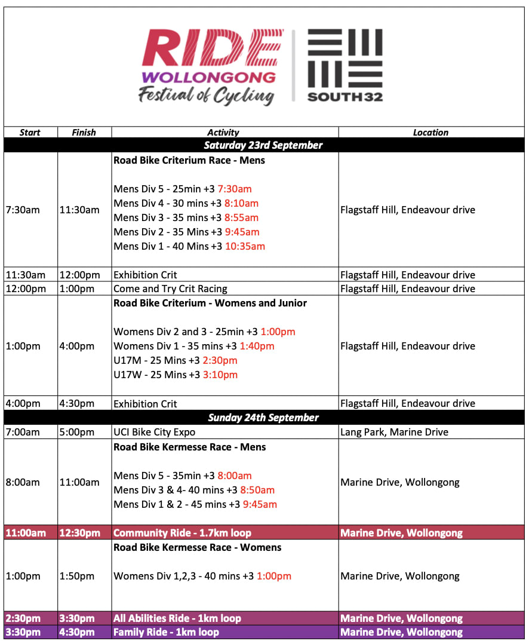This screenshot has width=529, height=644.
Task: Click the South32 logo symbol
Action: (x=345, y=58)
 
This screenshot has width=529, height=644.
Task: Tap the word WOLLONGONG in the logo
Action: (x=208, y=78)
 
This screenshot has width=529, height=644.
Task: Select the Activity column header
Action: (x=223, y=133)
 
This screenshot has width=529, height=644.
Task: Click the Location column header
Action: (x=430, y=133)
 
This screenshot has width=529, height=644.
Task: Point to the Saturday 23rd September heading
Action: (x=263, y=145)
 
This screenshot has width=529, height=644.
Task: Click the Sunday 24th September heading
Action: (x=263, y=418)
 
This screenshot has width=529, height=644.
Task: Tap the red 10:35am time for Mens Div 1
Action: (x=245, y=246)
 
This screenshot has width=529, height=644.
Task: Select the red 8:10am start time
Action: (x=241, y=203)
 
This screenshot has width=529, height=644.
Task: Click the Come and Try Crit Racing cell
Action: (x=170, y=289)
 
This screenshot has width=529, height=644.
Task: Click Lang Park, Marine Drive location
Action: (x=394, y=432)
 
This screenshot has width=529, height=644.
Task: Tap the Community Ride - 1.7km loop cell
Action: (x=182, y=533)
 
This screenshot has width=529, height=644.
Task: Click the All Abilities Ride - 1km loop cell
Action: (x=177, y=618)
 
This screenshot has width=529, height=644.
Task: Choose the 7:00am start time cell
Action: (x=23, y=432)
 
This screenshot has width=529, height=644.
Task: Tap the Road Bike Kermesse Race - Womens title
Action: (x=197, y=547)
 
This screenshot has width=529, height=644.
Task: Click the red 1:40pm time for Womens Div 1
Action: (x=257, y=346)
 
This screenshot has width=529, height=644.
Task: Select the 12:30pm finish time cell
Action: (x=79, y=533)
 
